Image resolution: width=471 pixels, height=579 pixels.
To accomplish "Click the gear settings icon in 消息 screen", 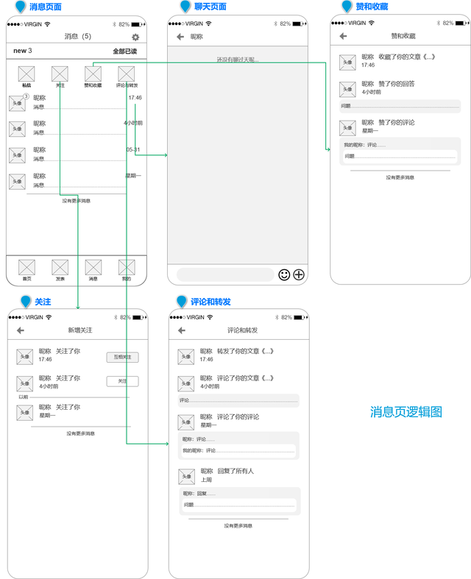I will pyautogui.click(x=135, y=37).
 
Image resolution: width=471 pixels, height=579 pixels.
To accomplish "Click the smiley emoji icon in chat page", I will pyautogui.click(x=284, y=274).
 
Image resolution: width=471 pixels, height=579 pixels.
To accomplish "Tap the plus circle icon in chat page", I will pyautogui.click(x=299, y=274).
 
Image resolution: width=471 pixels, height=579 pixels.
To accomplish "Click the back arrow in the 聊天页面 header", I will pyautogui.click(x=180, y=36).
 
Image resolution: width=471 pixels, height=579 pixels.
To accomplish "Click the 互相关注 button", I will pyautogui.click(x=122, y=357).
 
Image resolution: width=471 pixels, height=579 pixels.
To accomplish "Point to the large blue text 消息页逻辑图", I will pyautogui.click(x=406, y=412).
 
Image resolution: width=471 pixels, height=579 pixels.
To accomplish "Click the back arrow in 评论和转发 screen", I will pyautogui.click(x=181, y=330).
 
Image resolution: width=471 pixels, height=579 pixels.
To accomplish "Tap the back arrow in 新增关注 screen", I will pyautogui.click(x=21, y=330).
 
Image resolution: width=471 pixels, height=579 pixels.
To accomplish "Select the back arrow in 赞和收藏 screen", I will pyautogui.click(x=343, y=36).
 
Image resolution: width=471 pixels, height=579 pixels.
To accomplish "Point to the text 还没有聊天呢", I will pyautogui.click(x=237, y=60).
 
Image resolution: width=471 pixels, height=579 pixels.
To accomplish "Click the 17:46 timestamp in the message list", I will pyautogui.click(x=135, y=98).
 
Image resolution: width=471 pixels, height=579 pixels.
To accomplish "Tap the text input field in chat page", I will pyautogui.click(x=225, y=274).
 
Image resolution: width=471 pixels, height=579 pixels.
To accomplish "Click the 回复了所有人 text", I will pyautogui.click(x=235, y=471).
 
